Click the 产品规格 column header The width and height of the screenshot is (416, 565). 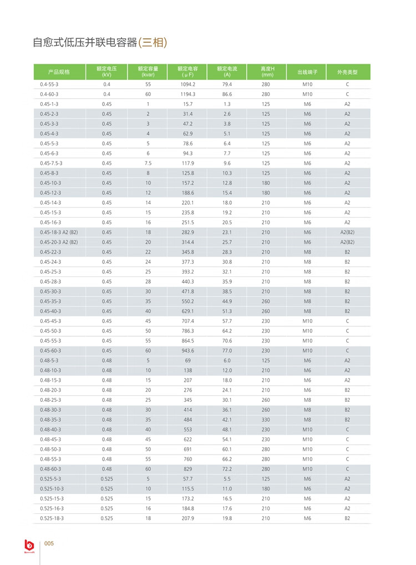(x=59, y=72)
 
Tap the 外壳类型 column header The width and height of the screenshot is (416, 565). (x=347, y=72)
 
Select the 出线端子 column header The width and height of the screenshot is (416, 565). (x=307, y=72)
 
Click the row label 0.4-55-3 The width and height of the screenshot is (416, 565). (x=49, y=84)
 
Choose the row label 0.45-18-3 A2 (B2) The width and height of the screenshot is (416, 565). (x=59, y=232)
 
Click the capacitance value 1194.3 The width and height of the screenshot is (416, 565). (x=188, y=94)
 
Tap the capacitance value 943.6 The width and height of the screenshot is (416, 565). (x=188, y=351)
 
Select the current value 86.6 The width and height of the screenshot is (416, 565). (x=227, y=94)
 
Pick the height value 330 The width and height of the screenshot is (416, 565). (x=266, y=420)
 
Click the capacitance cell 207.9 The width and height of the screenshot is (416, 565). (x=188, y=518)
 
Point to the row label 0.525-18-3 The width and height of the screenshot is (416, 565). (x=52, y=518)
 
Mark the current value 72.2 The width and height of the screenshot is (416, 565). (x=227, y=469)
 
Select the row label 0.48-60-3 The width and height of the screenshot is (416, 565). (x=50, y=469)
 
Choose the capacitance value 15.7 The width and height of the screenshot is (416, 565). (x=188, y=104)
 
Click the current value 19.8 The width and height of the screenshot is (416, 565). (x=227, y=518)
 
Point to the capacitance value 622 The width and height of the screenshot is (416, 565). (x=188, y=440)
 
